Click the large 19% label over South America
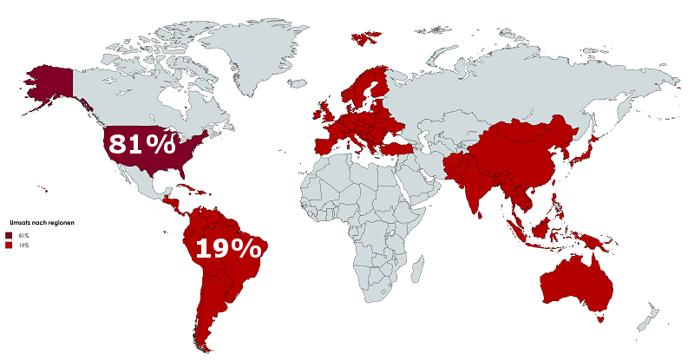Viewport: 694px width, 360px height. coord(227,249)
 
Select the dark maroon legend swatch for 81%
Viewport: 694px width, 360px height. coord(8,235)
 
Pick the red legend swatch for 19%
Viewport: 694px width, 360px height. coord(8,245)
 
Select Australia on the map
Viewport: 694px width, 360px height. coord(573,278)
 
